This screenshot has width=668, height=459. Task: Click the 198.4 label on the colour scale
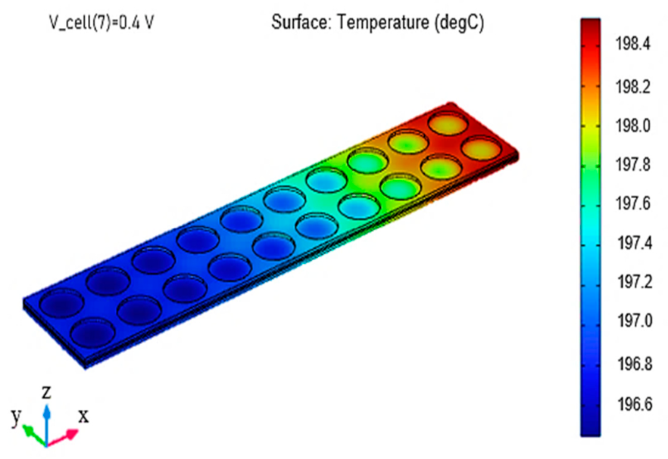[633, 43]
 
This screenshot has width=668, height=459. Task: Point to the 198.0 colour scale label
[633, 126]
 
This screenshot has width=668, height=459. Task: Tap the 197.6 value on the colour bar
[633, 203]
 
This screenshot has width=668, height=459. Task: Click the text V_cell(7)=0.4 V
[101, 22]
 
